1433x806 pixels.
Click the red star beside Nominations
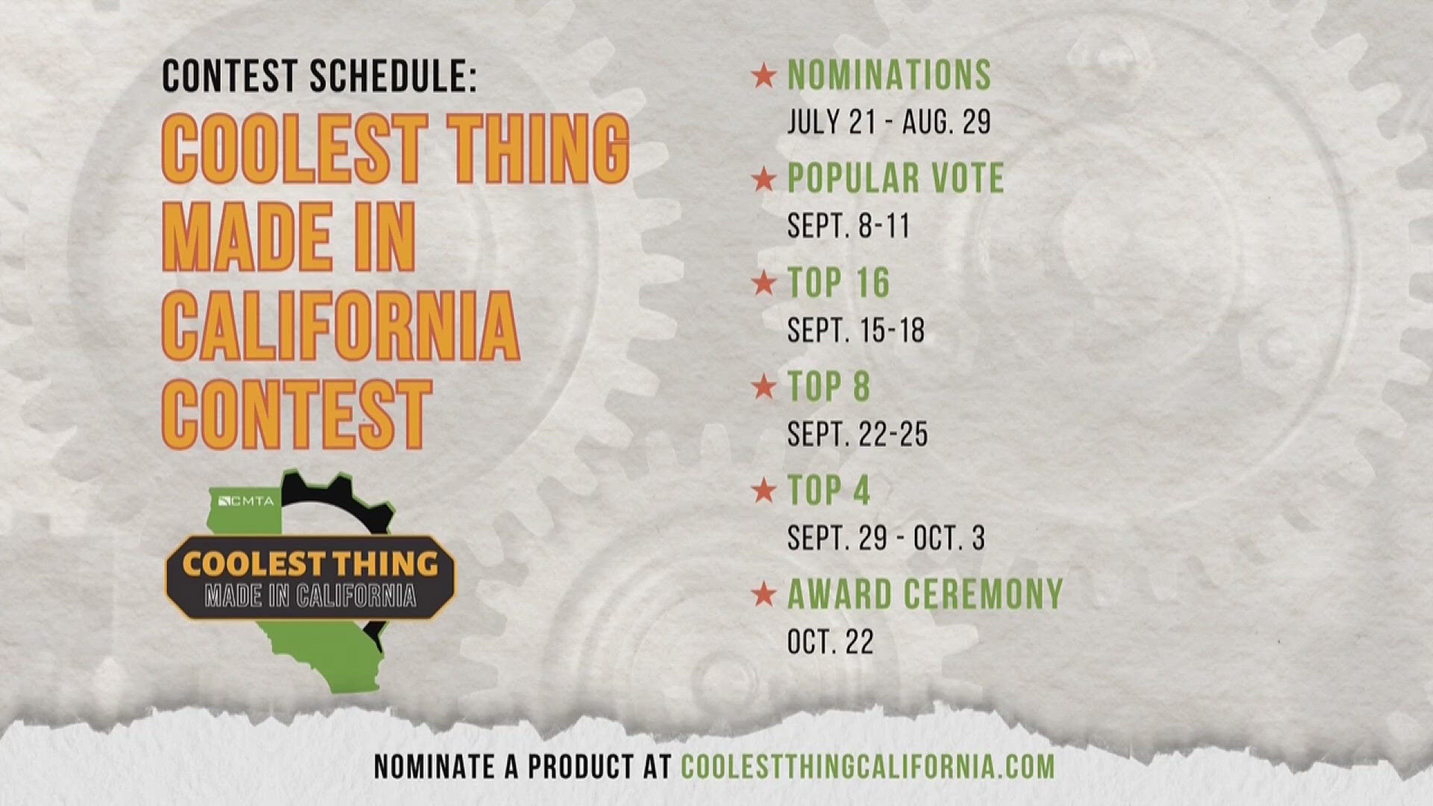coord(764,76)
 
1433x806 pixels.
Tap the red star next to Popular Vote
coord(764,180)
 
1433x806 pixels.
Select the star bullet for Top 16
coord(764,284)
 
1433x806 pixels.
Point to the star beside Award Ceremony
coord(764,595)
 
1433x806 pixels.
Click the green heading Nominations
coord(890,75)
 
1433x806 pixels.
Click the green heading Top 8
coord(829,387)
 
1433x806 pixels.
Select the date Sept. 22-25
coord(858,434)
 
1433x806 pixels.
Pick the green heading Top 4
coord(829,490)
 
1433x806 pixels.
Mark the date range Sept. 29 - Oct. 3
coord(886,537)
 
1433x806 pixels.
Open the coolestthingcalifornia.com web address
coord(868,766)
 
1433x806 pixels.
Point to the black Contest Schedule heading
coord(319,76)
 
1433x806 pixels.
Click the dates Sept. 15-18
coord(856,330)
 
